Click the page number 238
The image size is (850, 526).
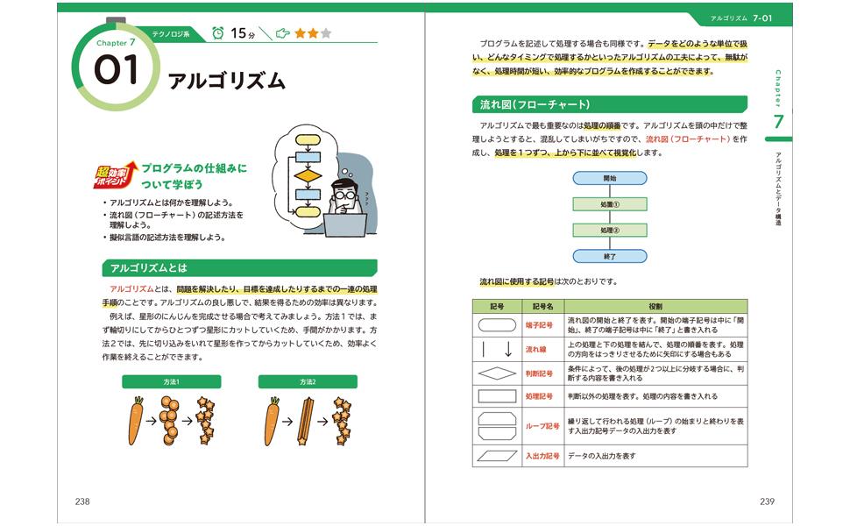(81, 501)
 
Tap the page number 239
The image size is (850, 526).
(767, 501)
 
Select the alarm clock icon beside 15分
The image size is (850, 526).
(216, 33)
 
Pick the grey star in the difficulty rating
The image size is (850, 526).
(326, 34)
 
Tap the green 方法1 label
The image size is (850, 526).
(171, 381)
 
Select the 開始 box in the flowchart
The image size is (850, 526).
(609, 178)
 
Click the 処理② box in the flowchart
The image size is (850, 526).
(609, 231)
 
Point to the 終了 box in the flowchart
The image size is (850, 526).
(609, 257)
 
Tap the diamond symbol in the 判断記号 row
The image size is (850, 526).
(496, 373)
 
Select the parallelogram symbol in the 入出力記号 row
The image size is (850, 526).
(496, 456)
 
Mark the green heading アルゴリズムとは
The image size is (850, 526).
(238, 267)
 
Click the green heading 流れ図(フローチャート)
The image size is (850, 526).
(609, 104)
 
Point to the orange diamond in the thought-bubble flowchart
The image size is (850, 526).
(308, 175)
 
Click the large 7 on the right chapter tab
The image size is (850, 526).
(777, 122)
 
